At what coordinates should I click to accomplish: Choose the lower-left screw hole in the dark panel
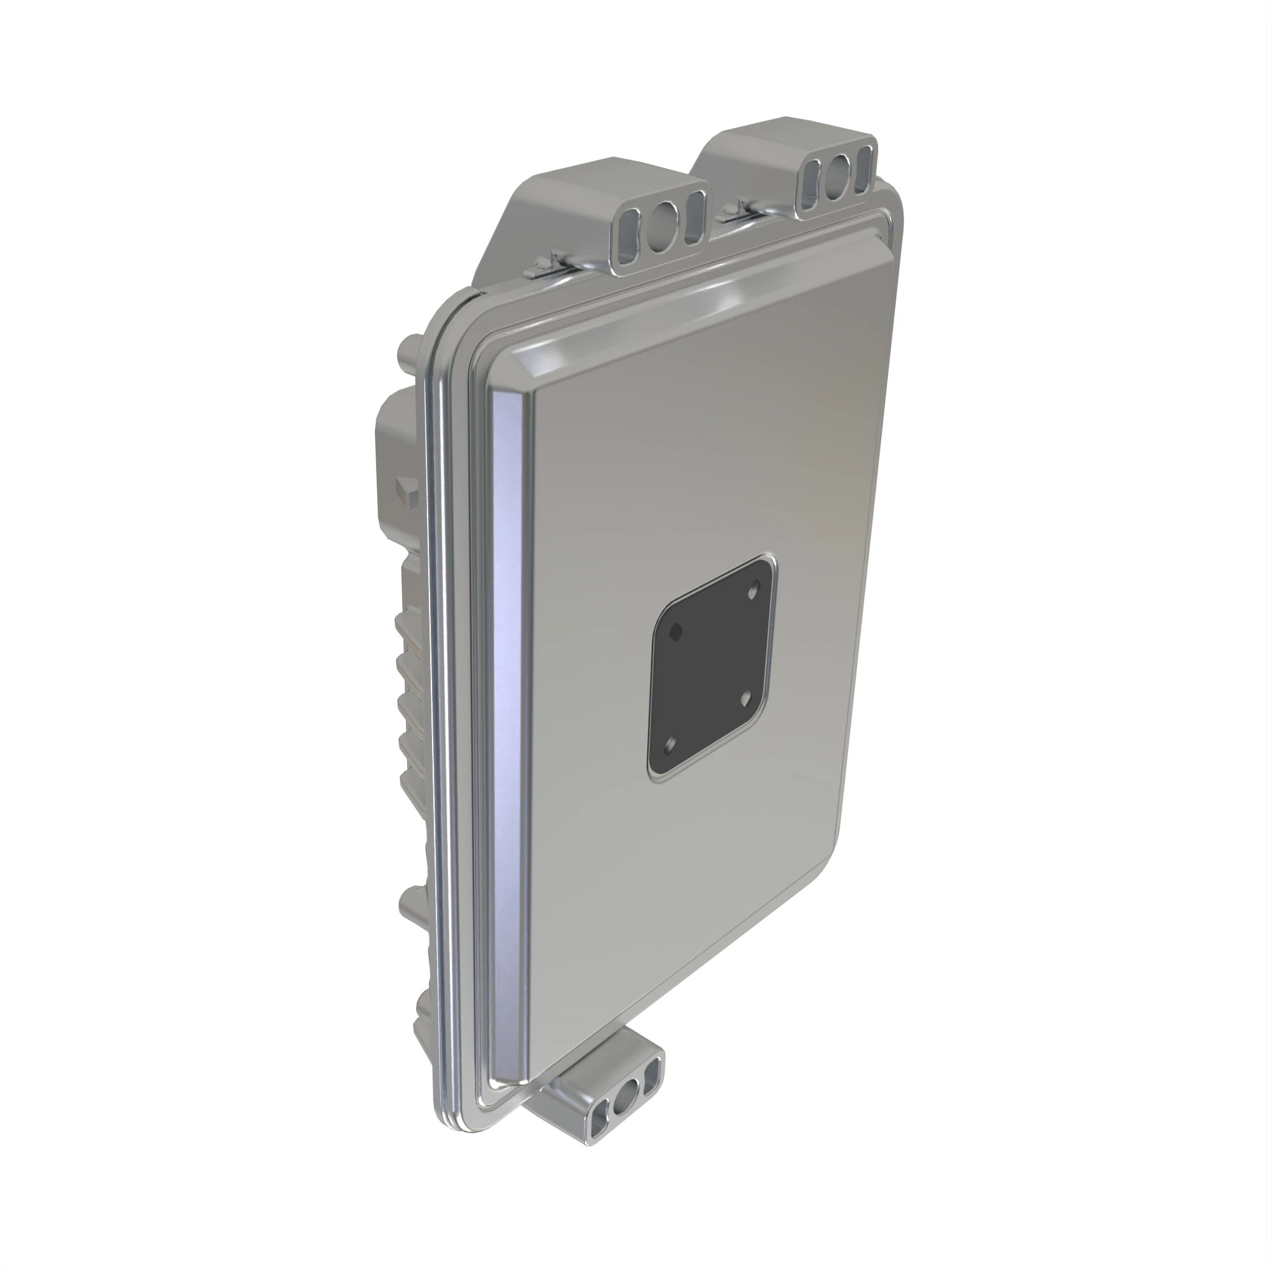click(669, 746)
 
